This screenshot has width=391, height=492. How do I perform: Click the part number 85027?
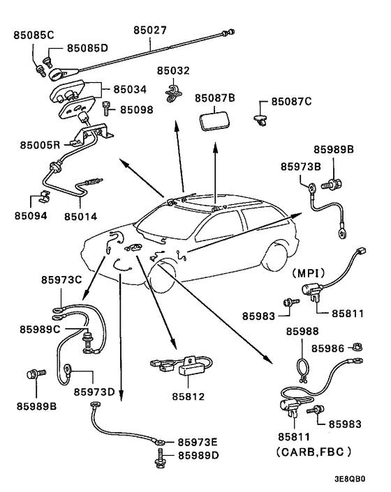[x=150, y=30]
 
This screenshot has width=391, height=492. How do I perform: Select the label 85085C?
[x=34, y=35]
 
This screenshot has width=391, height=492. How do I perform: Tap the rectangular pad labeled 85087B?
[x=215, y=121]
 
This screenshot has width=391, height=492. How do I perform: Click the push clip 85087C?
[x=260, y=120]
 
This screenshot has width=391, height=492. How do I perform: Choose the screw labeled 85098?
[x=106, y=108]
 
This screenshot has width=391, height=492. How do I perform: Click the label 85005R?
[x=40, y=145]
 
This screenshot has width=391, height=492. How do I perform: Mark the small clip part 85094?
[x=44, y=196]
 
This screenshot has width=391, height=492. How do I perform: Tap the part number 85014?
[x=81, y=217]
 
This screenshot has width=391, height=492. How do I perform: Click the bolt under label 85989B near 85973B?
[x=331, y=184]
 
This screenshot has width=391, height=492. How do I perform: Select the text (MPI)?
[x=309, y=273]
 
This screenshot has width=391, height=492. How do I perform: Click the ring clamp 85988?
[x=304, y=369]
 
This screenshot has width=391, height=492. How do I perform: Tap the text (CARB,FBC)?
[x=313, y=452]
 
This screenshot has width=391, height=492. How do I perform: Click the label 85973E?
[x=198, y=442]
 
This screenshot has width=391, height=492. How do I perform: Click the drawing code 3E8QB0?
[x=350, y=479]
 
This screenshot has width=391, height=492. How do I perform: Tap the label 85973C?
[x=61, y=280]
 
